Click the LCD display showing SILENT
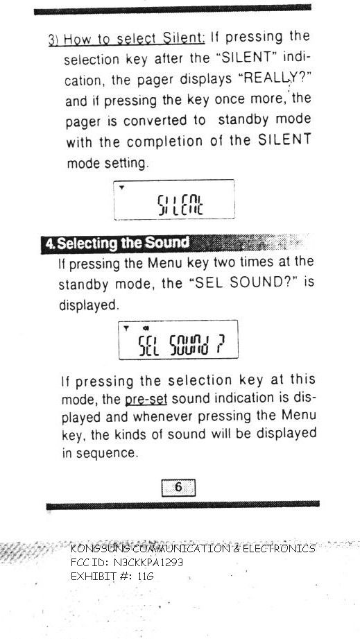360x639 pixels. [x=174, y=200]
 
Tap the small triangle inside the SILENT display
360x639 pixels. [x=121, y=187]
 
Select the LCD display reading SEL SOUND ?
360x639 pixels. [x=178, y=340]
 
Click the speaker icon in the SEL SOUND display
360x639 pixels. [x=146, y=328]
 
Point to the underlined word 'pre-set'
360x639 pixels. [x=146, y=399]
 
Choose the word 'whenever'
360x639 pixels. [x=163, y=417]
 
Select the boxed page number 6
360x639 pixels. [x=178, y=487]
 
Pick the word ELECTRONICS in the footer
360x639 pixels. [x=279, y=549]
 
